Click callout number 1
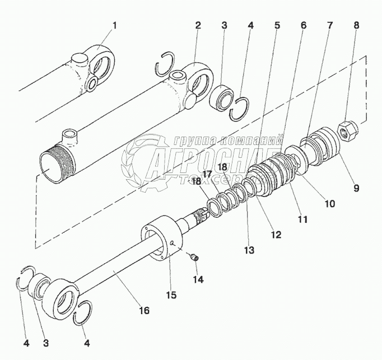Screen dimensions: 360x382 pos(115,26)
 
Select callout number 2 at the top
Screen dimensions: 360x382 pos(198,26)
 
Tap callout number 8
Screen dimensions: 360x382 pos(357,26)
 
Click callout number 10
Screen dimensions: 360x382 pos(330,204)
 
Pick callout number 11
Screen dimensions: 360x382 pos(303,219)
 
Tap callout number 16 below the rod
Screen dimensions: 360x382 pos(144,309)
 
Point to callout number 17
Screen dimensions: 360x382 pos(207,174)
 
